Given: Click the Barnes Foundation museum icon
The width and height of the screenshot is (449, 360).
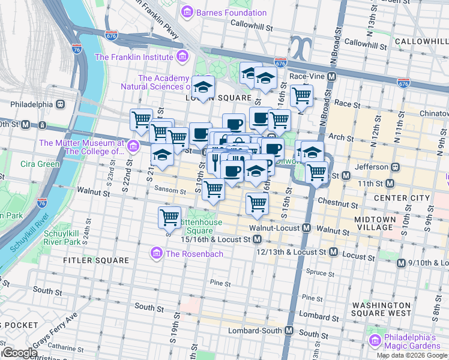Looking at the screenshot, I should [187, 12].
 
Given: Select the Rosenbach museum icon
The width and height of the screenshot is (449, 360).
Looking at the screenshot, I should [157, 253].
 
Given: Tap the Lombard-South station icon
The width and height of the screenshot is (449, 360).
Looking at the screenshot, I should [289, 331].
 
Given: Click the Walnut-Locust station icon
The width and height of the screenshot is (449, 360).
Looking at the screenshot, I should [306, 228].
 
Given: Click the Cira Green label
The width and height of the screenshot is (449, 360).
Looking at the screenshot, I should [41, 164].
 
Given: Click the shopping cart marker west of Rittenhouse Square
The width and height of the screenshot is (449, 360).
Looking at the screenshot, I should [170, 216].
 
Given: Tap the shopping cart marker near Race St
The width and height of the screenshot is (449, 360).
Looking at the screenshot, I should [301, 94].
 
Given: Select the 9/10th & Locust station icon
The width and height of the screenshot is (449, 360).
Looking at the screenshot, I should [401, 263].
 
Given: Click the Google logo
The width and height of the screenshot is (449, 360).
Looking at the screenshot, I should [19, 353].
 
